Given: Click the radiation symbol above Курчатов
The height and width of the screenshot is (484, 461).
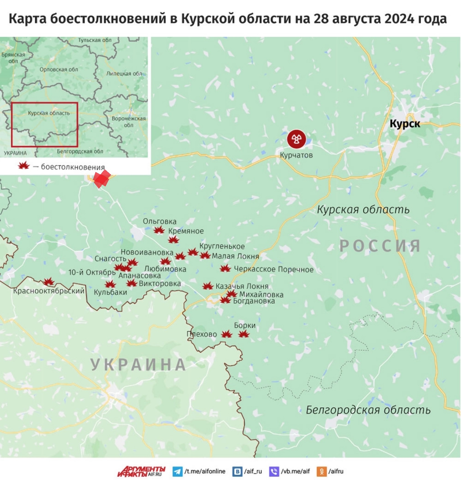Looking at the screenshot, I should coord(296,139).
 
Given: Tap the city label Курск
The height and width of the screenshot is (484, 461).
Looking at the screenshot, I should coord(405,123).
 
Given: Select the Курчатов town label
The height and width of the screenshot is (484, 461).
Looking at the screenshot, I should coord(296,155).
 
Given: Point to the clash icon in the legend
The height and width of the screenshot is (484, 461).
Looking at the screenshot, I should coord(24,166).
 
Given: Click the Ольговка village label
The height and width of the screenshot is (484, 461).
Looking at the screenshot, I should coord(159,221).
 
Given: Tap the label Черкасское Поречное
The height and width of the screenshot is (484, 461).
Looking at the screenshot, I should coord(274,269).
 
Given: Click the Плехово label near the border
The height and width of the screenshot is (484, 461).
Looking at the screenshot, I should coord(202,334).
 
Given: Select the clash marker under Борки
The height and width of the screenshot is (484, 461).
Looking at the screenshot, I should coord(244,334).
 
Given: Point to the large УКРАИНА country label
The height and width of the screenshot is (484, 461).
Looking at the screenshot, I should coord(138,364).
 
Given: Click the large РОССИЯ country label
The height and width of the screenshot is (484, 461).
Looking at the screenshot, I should coord(380,246).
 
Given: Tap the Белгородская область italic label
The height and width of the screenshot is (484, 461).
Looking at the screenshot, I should coord(368,410).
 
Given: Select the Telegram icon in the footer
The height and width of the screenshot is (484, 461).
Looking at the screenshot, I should coord(177,471).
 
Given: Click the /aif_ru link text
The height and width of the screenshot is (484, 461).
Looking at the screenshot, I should coord(253,471).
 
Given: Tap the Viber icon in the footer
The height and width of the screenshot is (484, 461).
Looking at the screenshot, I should coord(274,471).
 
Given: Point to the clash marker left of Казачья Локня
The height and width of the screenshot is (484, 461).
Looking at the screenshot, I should coord(208,286).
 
